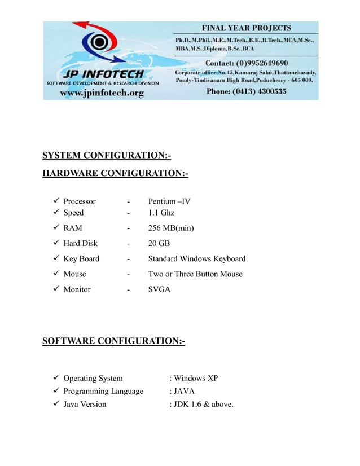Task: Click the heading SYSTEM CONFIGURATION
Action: point(107,155)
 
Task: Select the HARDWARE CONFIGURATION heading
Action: point(115,173)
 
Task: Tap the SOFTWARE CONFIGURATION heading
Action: point(113,341)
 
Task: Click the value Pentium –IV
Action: point(169,201)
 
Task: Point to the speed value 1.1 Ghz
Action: point(161,213)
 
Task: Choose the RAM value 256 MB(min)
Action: point(171,228)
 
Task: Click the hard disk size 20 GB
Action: point(159,243)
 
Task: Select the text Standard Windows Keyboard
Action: point(196,259)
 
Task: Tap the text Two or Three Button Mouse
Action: point(195,274)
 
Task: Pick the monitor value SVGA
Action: point(160,289)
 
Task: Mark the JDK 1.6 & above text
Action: point(201,404)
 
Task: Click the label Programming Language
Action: point(103,391)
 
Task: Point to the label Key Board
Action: point(81,259)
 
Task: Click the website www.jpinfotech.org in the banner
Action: point(102,93)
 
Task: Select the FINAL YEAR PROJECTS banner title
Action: point(247,28)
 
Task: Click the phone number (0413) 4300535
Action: point(247,91)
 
